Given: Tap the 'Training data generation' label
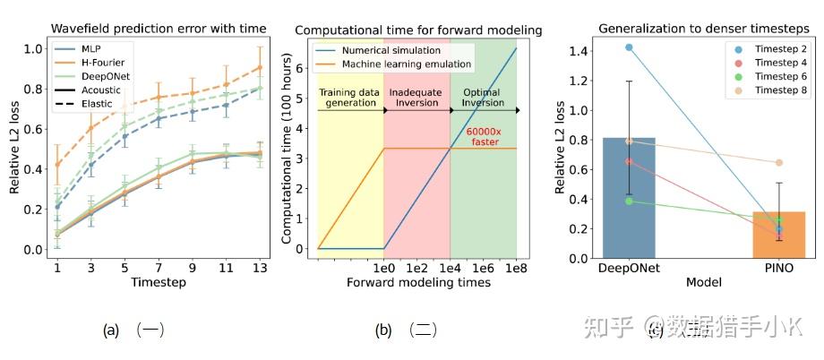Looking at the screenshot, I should pos(351,98).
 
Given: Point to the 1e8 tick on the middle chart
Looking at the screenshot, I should pos(517,268).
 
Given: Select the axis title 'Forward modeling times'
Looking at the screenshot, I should pos(417,283).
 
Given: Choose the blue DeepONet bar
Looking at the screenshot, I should pos(629,198).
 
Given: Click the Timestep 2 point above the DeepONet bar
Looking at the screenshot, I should pos(629,47).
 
